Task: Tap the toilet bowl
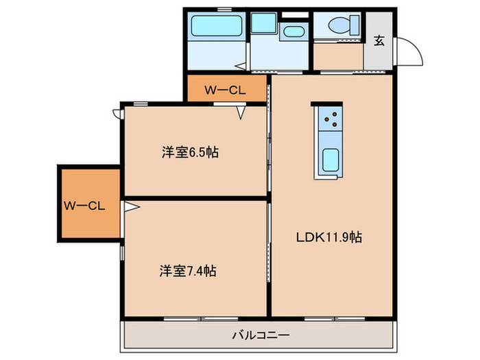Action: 339,26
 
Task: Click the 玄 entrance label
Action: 379,40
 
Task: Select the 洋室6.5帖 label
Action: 190,153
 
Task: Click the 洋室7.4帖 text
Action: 190,271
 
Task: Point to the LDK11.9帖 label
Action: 328,238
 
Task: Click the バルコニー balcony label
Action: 260,335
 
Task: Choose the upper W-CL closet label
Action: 226,88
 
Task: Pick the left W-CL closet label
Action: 84,205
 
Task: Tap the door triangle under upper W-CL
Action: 241,112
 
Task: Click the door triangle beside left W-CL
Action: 128,205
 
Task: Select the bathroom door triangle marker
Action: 241,67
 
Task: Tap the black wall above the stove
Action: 326,104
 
